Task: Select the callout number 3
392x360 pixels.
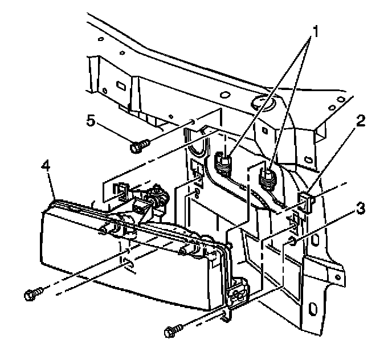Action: point(359,209)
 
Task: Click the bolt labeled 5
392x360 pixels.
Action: point(139,146)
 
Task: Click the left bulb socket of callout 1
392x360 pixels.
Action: point(223,164)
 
